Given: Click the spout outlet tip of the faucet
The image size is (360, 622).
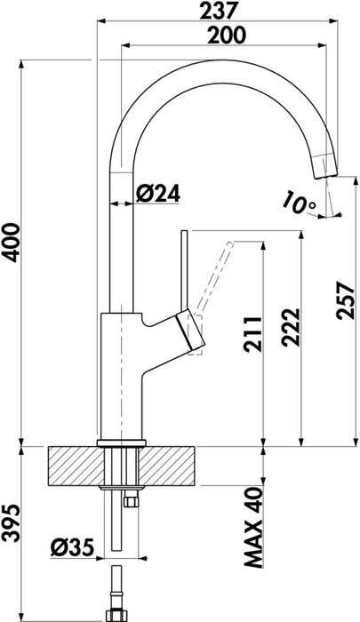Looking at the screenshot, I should pyautogui.click(x=328, y=169).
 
